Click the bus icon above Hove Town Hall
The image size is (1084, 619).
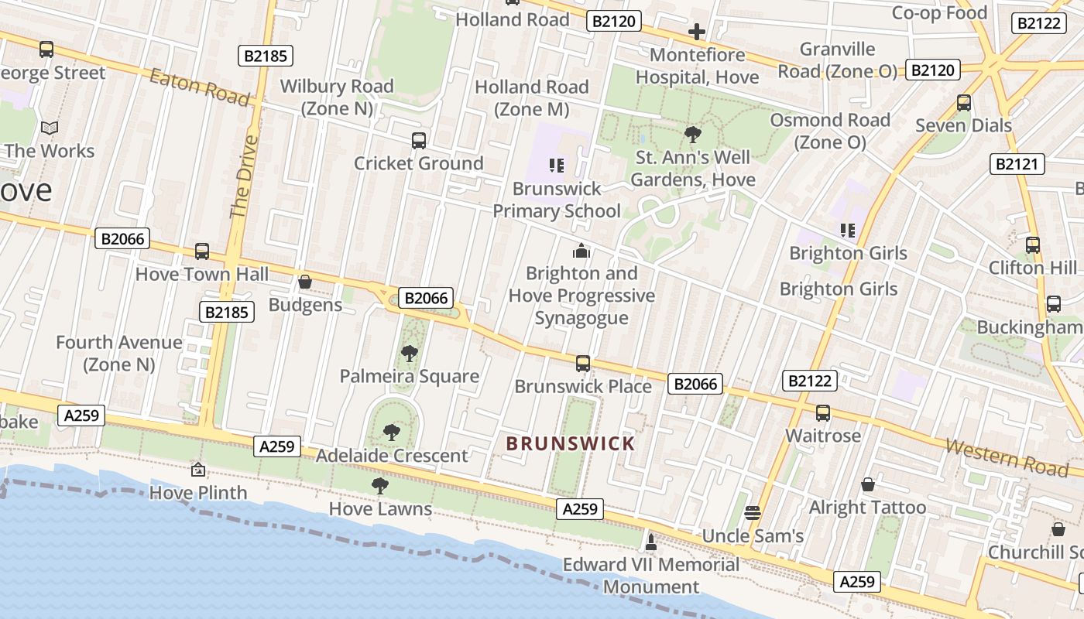pyautogui.click(x=202, y=251)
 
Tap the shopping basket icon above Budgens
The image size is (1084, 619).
pyautogui.click(x=305, y=282)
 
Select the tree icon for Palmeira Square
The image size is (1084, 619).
pyautogui.click(x=410, y=354)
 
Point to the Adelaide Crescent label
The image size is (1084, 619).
pyautogui.click(x=392, y=456)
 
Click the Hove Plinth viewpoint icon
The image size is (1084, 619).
pyautogui.click(x=198, y=470)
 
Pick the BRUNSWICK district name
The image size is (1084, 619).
pyautogui.click(x=570, y=444)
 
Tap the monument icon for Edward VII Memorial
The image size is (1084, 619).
pyautogui.click(x=651, y=542)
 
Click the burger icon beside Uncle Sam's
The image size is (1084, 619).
pyautogui.click(x=752, y=513)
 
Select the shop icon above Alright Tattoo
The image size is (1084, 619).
pyautogui.click(x=868, y=485)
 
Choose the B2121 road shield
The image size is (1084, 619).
pyautogui.click(x=1017, y=164)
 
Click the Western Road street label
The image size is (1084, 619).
pyautogui.click(x=1007, y=457)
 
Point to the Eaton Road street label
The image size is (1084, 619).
pyautogui.click(x=200, y=87)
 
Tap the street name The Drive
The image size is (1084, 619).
pyautogui.click(x=244, y=177)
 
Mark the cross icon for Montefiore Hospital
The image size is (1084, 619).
pyautogui.click(x=697, y=32)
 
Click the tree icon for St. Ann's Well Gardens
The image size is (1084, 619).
pyautogui.click(x=693, y=135)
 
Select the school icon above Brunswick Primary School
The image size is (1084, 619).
pyautogui.click(x=556, y=165)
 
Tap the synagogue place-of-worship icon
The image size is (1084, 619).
pyautogui.click(x=581, y=251)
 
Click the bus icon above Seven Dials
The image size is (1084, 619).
pyautogui.click(x=964, y=102)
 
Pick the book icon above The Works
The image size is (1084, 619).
pyautogui.click(x=50, y=128)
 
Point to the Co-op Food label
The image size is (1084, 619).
pyautogui.click(x=939, y=12)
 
